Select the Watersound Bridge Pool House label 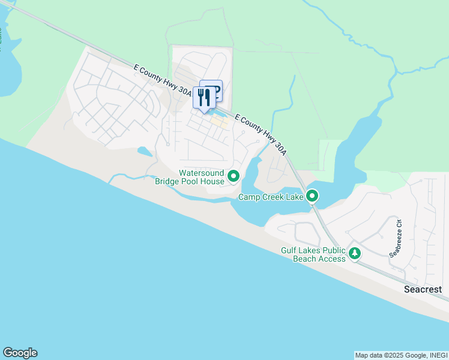pos(190,177)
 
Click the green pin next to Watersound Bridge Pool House pos(234,176)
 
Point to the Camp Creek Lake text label pos(270,197)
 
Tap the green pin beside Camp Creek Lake pos(312,196)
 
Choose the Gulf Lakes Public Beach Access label pos(313,254)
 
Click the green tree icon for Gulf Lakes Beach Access pos(355,254)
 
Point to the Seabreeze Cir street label pos(395,242)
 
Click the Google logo pos(20,353)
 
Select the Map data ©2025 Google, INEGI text pos(400,355)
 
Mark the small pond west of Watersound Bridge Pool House pos(144,151)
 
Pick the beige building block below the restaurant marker pos(220,122)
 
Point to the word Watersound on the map pos(202,173)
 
